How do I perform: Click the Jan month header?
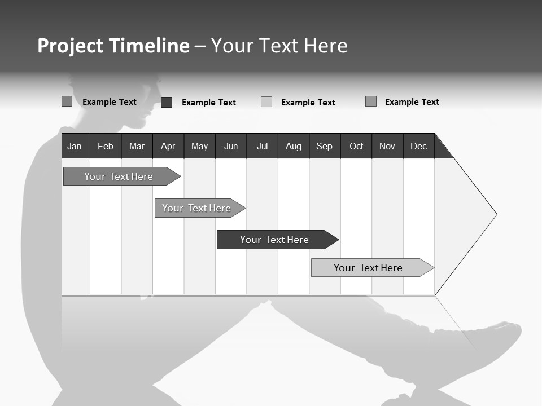(x=75, y=146)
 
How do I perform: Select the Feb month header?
(x=106, y=146)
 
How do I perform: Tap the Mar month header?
(x=137, y=146)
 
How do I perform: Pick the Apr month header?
(x=168, y=146)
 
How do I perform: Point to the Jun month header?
(x=231, y=146)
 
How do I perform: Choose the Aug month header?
(x=294, y=146)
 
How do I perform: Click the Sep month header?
(x=324, y=146)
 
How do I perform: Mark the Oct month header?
(x=356, y=146)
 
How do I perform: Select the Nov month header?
(x=387, y=146)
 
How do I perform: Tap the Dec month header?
(x=419, y=146)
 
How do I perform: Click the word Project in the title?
(x=71, y=46)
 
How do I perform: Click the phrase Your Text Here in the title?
(x=279, y=46)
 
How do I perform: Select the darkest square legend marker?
(x=167, y=102)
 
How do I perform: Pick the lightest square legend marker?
(x=266, y=102)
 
